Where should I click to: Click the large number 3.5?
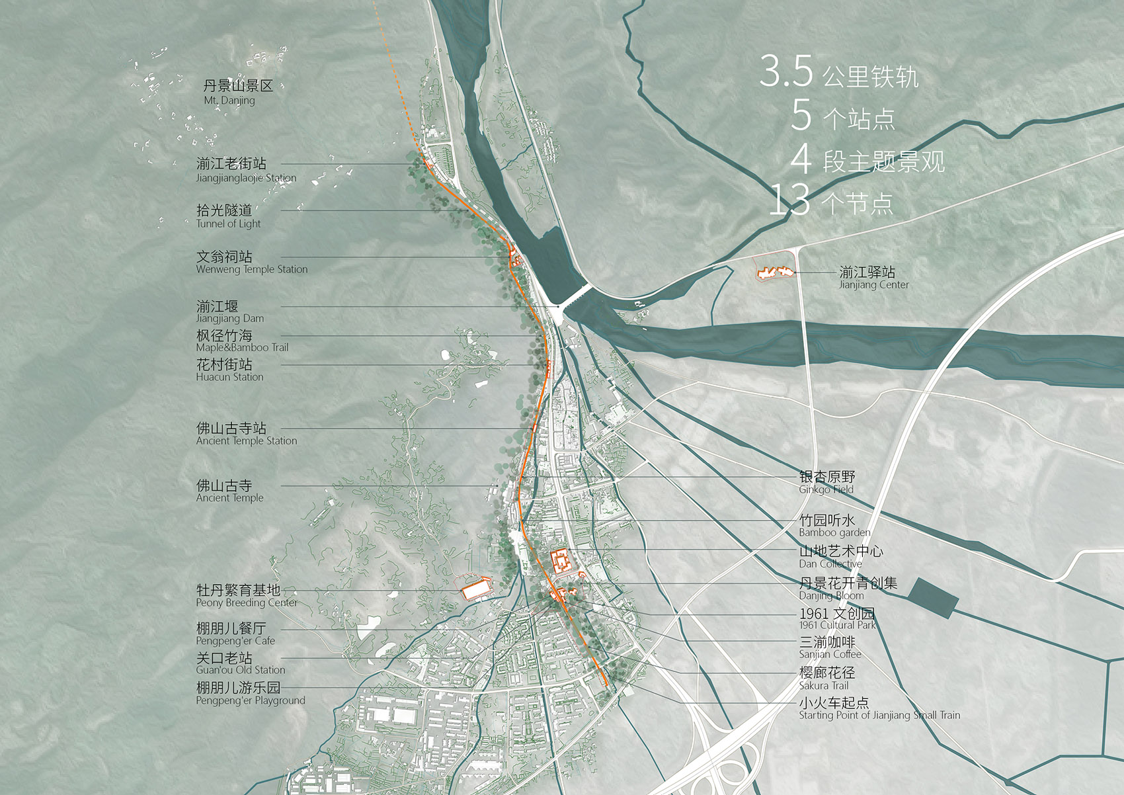click(785, 71)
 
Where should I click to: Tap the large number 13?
click(789, 200)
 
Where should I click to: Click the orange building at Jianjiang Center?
click(774, 272)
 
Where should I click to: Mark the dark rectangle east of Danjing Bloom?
click(932, 597)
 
